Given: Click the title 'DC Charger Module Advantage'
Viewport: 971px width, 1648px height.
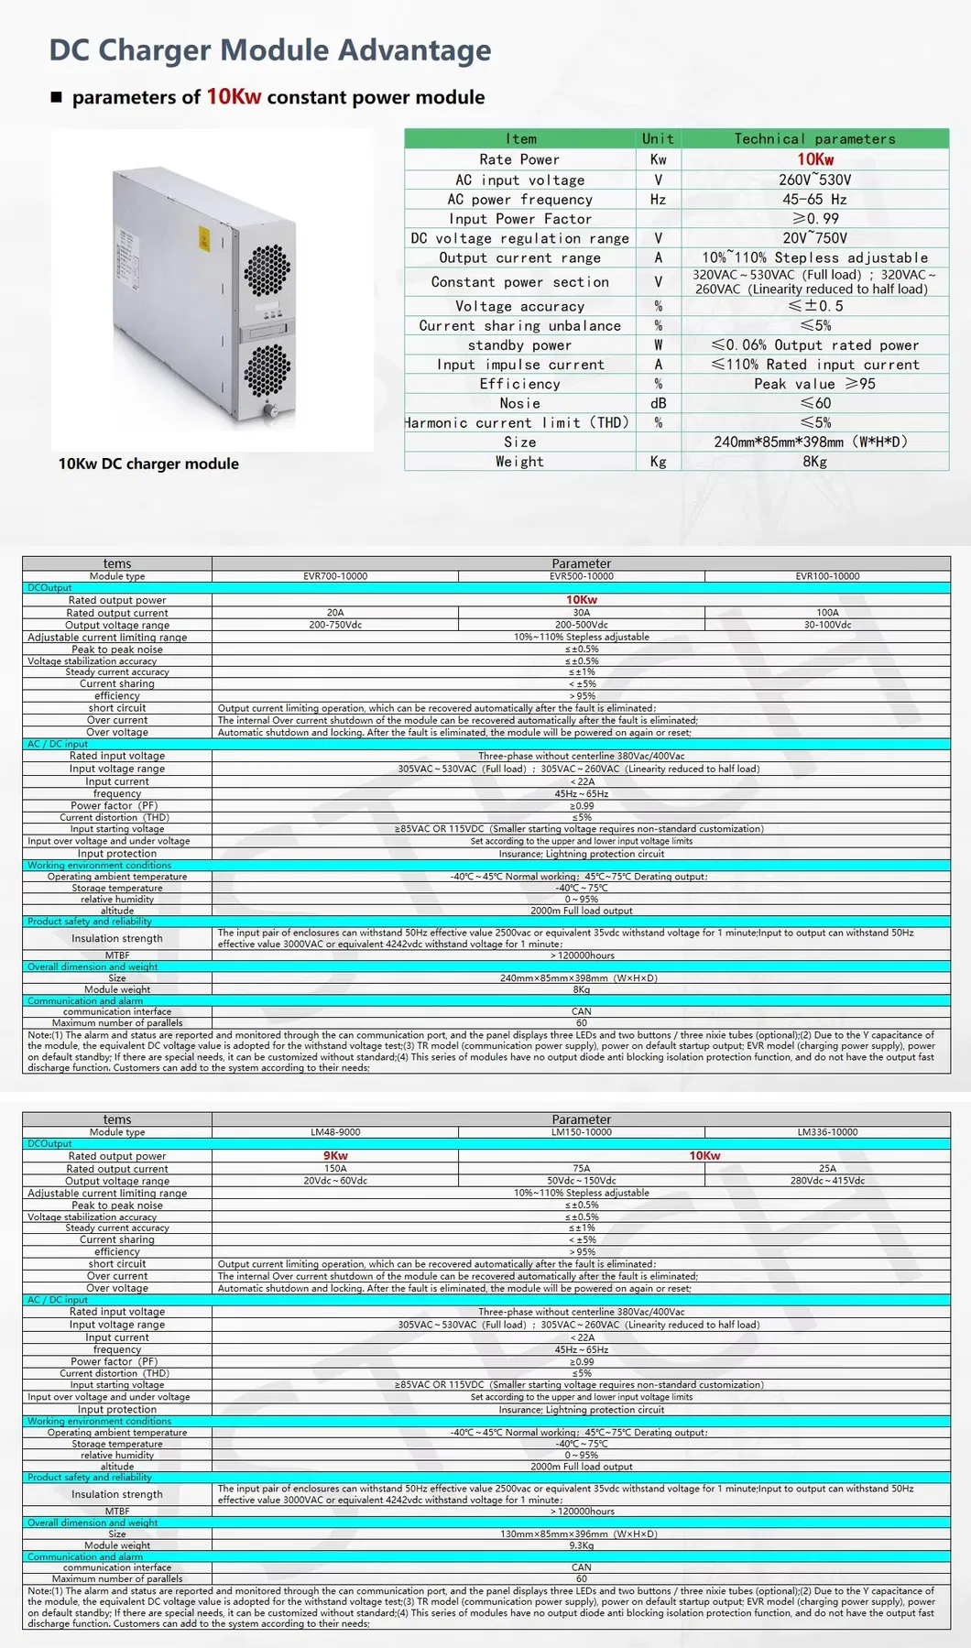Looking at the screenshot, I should click(x=270, y=50).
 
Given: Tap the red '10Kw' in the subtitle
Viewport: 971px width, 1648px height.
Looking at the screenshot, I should click(x=234, y=97).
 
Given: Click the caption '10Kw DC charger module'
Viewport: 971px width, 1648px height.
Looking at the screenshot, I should click(x=148, y=464).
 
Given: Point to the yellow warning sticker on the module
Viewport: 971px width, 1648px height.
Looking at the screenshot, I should click(x=204, y=238).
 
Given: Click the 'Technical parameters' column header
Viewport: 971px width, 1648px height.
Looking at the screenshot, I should click(x=814, y=138).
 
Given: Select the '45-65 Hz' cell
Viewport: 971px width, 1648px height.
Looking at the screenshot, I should click(x=814, y=200).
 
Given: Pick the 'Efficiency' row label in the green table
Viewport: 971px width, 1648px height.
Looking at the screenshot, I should click(x=519, y=384).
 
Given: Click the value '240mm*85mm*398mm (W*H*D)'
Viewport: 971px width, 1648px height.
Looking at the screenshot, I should click(x=811, y=442).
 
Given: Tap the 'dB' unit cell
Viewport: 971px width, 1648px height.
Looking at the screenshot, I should click(x=658, y=403).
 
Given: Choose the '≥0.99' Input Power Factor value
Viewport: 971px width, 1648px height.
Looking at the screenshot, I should click(x=815, y=219).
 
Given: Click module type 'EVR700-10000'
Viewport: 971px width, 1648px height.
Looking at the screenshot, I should click(x=335, y=576).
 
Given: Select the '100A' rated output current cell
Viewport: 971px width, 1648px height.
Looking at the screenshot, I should click(x=827, y=613).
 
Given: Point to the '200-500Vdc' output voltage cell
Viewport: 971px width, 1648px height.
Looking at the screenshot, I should click(x=582, y=625).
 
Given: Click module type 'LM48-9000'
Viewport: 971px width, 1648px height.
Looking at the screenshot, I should click(x=335, y=1132).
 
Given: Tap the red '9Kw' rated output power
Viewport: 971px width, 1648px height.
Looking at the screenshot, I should click(x=335, y=1156).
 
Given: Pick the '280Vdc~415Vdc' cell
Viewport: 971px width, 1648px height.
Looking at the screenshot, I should click(x=827, y=1181).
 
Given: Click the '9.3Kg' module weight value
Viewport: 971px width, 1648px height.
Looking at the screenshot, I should click(x=582, y=1545).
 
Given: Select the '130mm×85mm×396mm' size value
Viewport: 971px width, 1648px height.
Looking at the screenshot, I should click(x=579, y=1533).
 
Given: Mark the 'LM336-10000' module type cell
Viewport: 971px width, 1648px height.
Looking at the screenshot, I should click(x=827, y=1132).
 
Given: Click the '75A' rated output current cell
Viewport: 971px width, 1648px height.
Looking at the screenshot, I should click(x=582, y=1169).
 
